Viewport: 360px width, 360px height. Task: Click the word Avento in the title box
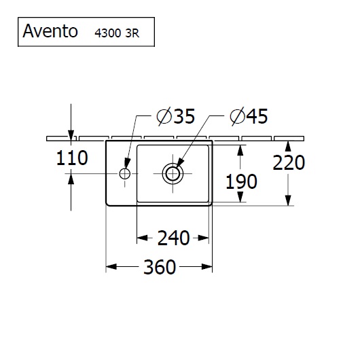50,31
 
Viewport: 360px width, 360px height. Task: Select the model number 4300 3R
117,33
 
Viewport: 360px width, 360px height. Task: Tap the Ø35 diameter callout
176,116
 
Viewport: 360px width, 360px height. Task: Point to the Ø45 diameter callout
249,116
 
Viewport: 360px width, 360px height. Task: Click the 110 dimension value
72,158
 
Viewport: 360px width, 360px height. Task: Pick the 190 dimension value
241,181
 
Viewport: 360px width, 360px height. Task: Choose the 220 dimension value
289,162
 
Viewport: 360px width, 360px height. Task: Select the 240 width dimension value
174,238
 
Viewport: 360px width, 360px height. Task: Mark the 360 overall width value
160,267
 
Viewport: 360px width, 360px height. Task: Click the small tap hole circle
125,174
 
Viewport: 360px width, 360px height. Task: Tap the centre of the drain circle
173,174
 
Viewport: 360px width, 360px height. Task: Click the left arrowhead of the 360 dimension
111,267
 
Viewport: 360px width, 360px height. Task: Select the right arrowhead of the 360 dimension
207,267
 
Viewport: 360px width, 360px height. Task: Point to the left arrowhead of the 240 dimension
142,238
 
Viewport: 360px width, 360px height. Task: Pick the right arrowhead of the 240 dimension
203,238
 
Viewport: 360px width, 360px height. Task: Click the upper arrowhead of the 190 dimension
240,150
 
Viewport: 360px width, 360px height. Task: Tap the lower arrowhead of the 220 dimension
288,200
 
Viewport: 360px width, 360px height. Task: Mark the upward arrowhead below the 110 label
71,179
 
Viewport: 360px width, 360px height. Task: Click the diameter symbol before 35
164,116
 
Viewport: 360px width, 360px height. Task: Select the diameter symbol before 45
237,116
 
